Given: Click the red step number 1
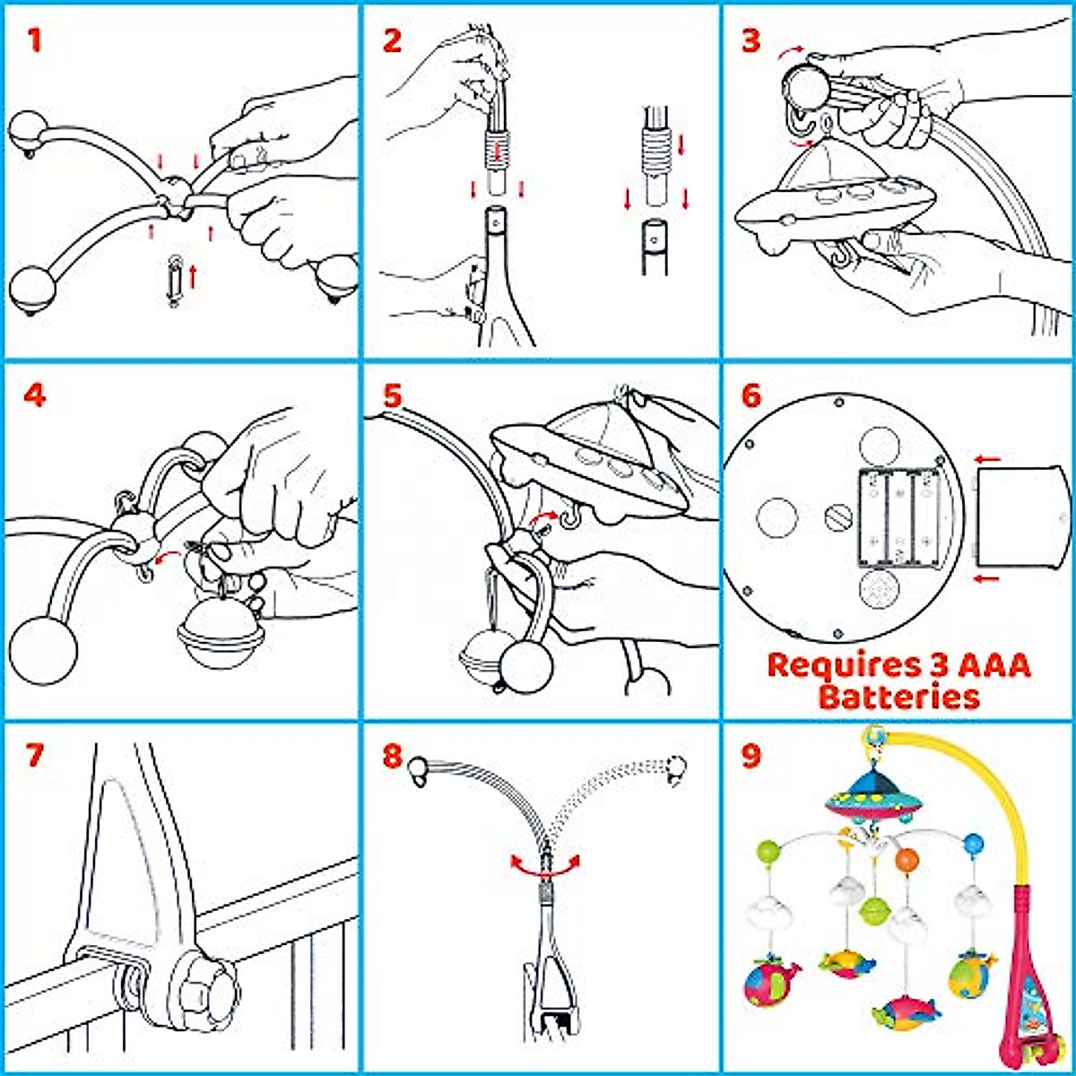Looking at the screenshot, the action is [34, 40].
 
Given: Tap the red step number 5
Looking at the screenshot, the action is [393, 396].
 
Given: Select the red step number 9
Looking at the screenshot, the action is [751, 755].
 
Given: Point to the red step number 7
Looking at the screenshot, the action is [34, 755].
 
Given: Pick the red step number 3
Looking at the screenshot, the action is [751, 40].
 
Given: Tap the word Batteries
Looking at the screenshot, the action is [899, 697].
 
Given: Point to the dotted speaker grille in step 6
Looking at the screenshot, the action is [879, 589].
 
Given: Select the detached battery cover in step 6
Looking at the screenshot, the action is [1020, 517].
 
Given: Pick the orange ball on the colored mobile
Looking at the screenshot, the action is [907, 859].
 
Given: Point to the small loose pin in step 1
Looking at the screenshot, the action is [175, 280].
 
